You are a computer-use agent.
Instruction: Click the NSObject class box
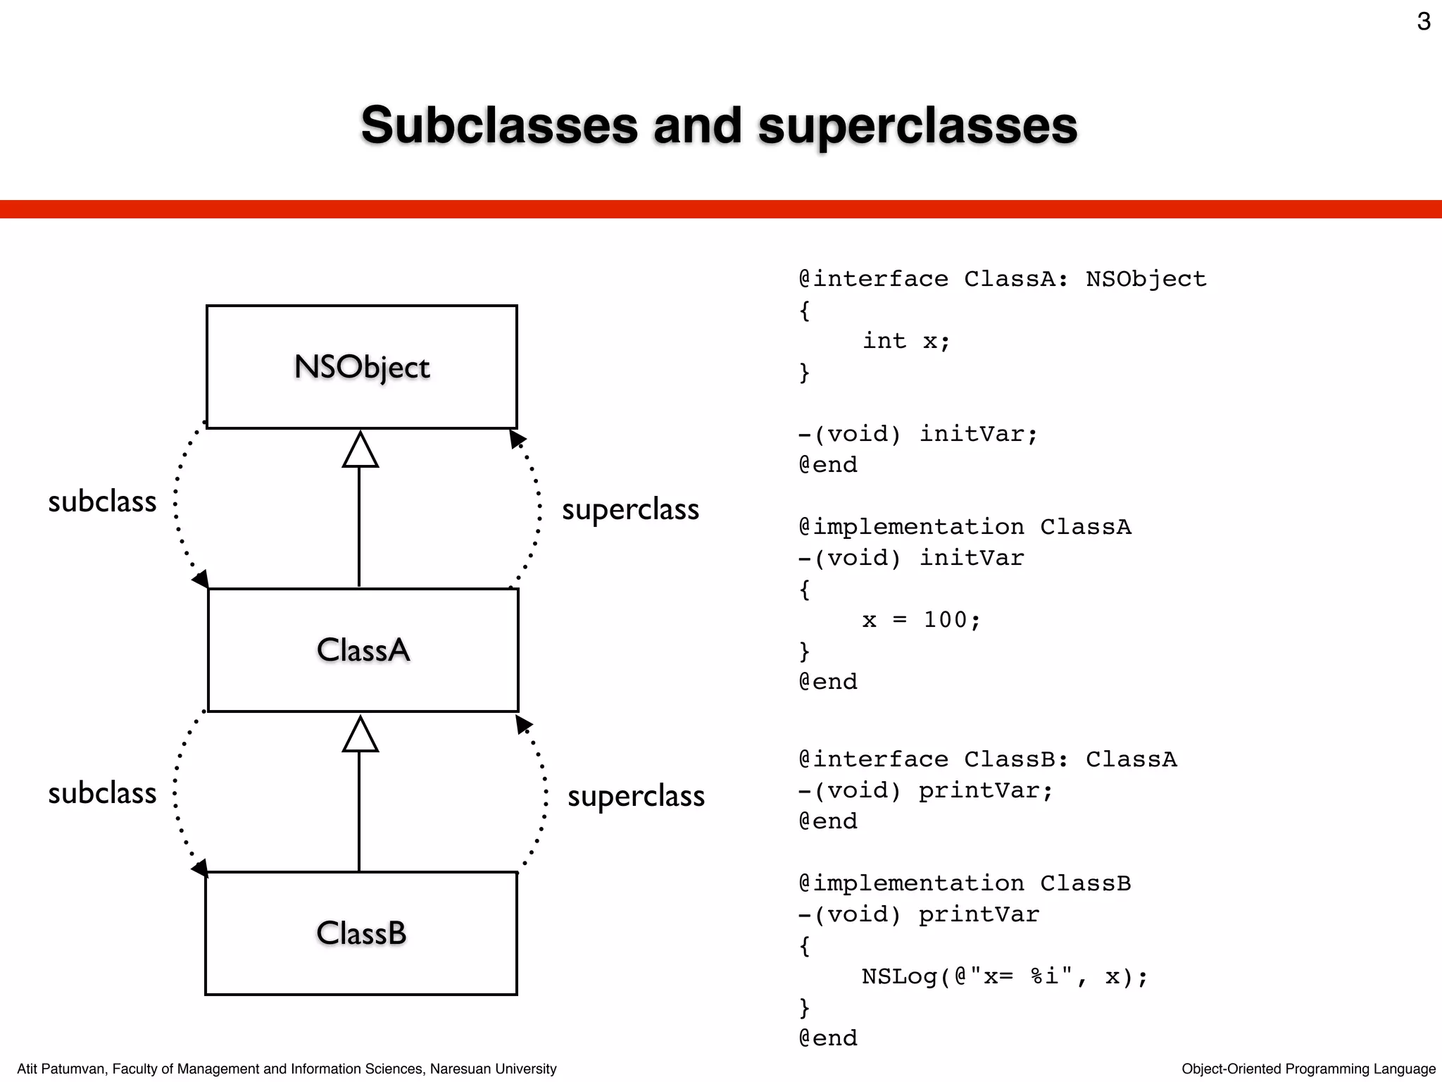361,367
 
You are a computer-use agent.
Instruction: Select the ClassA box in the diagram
363,649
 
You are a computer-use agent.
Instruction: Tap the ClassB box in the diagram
361,933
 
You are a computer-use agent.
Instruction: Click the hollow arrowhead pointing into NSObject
360,450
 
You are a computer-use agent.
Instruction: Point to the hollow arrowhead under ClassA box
360,735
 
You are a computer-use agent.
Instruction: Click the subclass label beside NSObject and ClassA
102,502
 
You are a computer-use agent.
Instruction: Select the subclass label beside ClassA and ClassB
102,793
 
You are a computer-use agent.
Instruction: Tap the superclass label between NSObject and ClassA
630,509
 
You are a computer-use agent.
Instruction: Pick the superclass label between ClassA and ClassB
636,796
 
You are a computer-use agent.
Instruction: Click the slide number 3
1424,22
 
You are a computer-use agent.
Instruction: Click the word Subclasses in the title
499,125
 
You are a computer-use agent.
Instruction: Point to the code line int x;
906,341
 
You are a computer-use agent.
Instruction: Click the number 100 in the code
946,620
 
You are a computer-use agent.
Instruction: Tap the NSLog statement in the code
1005,976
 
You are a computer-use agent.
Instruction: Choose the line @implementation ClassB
965,883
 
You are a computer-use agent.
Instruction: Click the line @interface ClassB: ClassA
988,759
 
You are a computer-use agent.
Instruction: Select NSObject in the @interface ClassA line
1146,279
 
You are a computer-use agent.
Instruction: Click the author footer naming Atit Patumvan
287,1069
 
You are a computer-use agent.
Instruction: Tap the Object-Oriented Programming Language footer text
1308,1069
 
